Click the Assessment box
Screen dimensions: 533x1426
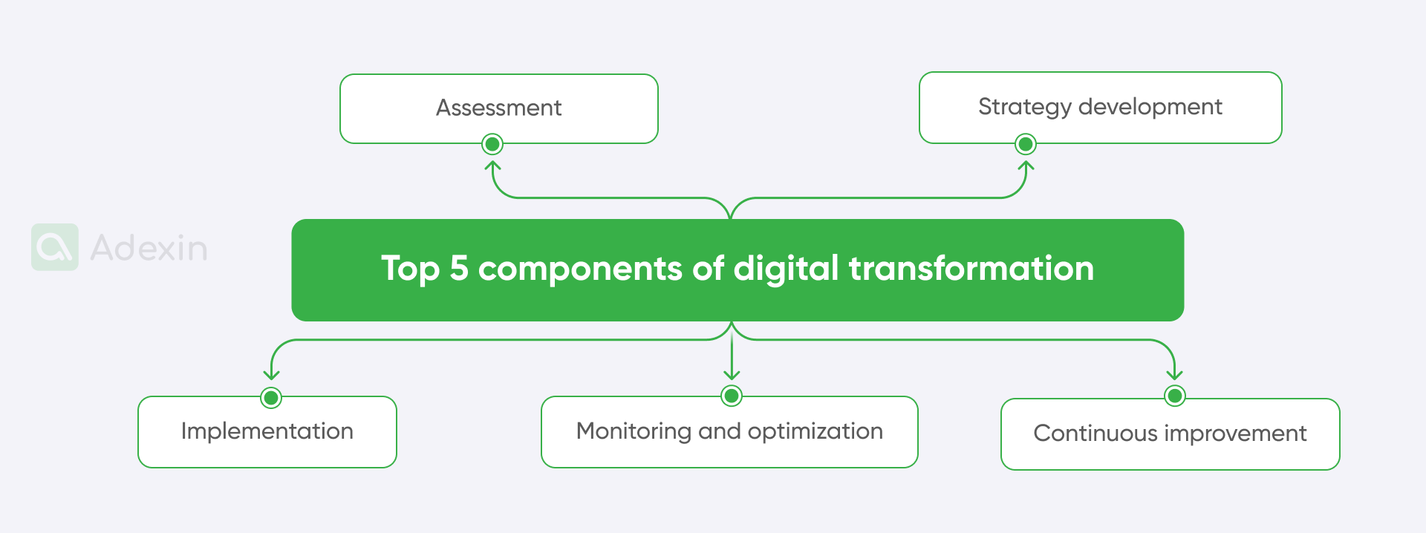tap(498, 108)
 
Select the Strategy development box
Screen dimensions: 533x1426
tap(1100, 107)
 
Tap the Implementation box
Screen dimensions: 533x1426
tap(267, 431)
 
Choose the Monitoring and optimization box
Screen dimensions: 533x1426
tap(729, 431)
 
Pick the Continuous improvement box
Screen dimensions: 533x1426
tap(1170, 434)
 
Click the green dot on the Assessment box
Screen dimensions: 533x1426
tap(492, 144)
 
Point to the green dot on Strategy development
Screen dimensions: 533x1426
tap(1026, 144)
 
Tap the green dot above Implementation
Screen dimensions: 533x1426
tap(272, 398)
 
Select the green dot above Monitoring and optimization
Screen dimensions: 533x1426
tap(732, 396)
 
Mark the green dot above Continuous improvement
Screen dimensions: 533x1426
tap(1175, 396)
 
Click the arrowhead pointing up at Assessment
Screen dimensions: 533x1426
tap(493, 166)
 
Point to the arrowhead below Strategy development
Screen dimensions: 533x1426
tap(1026, 166)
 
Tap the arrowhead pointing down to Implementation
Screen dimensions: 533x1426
tap(272, 375)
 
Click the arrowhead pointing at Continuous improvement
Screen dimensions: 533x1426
tap(1175, 375)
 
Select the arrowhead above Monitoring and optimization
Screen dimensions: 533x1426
tap(732, 375)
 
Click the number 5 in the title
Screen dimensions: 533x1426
tap(459, 268)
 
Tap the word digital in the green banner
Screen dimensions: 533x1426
tap(786, 269)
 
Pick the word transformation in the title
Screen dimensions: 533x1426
tap(971, 268)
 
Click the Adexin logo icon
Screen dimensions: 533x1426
tap(55, 247)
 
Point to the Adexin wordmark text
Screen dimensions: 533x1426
tap(149, 248)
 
